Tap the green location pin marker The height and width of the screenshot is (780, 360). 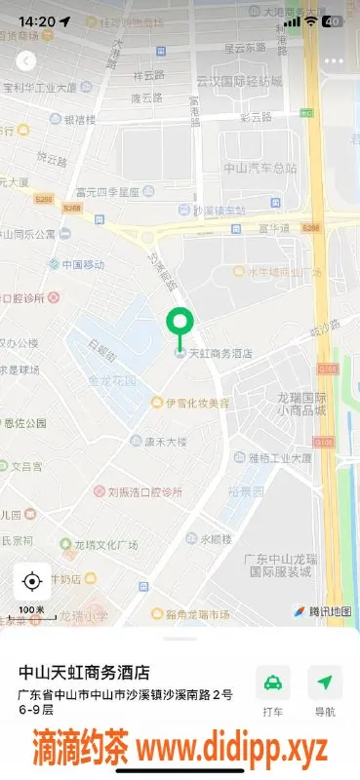pos(180,324)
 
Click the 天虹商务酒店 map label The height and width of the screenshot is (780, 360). pos(220,354)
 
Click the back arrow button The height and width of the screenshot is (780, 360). pos(26,60)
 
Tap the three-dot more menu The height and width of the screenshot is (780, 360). pos(334,60)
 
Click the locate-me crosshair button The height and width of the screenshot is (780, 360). pos(31,582)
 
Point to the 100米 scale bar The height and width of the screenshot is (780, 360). pos(31,612)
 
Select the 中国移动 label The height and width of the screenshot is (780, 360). pos(82,264)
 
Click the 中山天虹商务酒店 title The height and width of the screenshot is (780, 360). pos(85,673)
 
